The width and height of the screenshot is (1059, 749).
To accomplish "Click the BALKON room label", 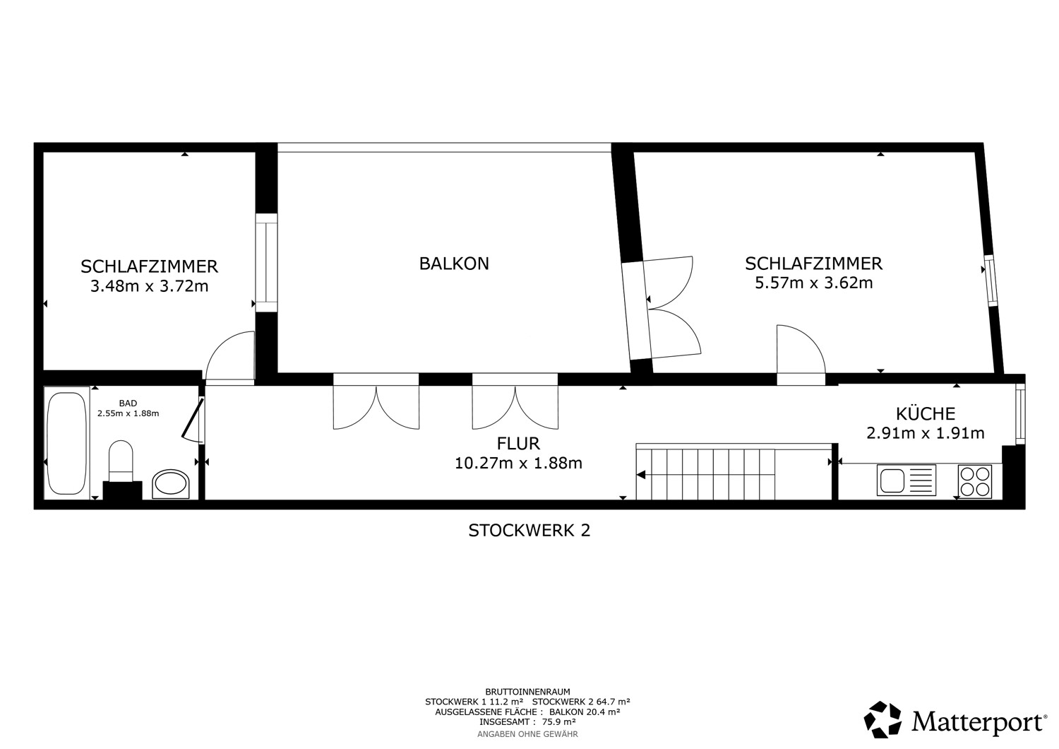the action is click(454, 264).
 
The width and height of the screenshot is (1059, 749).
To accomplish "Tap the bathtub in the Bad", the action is click(66, 443).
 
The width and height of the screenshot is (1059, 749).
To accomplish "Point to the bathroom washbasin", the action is click(170, 483).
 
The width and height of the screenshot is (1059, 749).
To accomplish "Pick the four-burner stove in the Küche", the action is click(975, 481).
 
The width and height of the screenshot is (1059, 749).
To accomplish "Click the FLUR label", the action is click(518, 443).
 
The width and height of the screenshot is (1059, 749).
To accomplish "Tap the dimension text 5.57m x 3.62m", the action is click(813, 283).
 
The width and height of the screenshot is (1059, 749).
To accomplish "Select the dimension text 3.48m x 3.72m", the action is click(150, 286).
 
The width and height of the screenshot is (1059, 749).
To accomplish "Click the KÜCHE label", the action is click(926, 413).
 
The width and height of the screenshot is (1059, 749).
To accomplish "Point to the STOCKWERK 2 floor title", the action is click(529, 531).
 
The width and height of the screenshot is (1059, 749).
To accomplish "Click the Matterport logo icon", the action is click(882, 719).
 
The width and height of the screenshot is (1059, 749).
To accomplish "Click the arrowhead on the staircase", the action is click(641, 475).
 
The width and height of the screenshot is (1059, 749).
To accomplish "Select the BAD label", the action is click(128, 403).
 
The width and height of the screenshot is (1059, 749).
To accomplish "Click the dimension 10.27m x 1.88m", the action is click(518, 463).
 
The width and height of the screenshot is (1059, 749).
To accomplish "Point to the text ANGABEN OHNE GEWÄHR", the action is click(527, 734).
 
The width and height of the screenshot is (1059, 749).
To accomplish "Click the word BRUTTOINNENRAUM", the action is click(527, 692).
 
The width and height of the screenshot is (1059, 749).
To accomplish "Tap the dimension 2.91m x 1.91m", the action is click(926, 433).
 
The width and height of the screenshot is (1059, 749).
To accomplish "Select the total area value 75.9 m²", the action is click(558, 722).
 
